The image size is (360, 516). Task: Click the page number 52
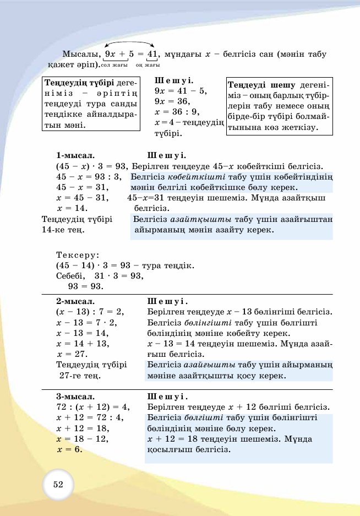click(x=58, y=485)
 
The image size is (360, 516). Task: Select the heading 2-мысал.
click(x=75, y=302)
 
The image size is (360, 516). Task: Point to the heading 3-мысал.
click(x=75, y=396)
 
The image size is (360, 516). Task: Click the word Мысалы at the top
click(x=80, y=55)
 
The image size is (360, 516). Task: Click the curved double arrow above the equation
click(x=129, y=44)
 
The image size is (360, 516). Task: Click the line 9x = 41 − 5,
click(x=181, y=91)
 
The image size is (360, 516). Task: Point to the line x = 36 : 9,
click(x=178, y=112)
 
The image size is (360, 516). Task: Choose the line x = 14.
click(x=72, y=208)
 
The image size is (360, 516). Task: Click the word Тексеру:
click(x=78, y=255)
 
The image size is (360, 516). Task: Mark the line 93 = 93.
click(x=85, y=286)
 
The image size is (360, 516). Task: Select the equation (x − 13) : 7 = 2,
click(x=90, y=312)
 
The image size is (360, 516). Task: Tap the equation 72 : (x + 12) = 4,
click(x=92, y=407)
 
